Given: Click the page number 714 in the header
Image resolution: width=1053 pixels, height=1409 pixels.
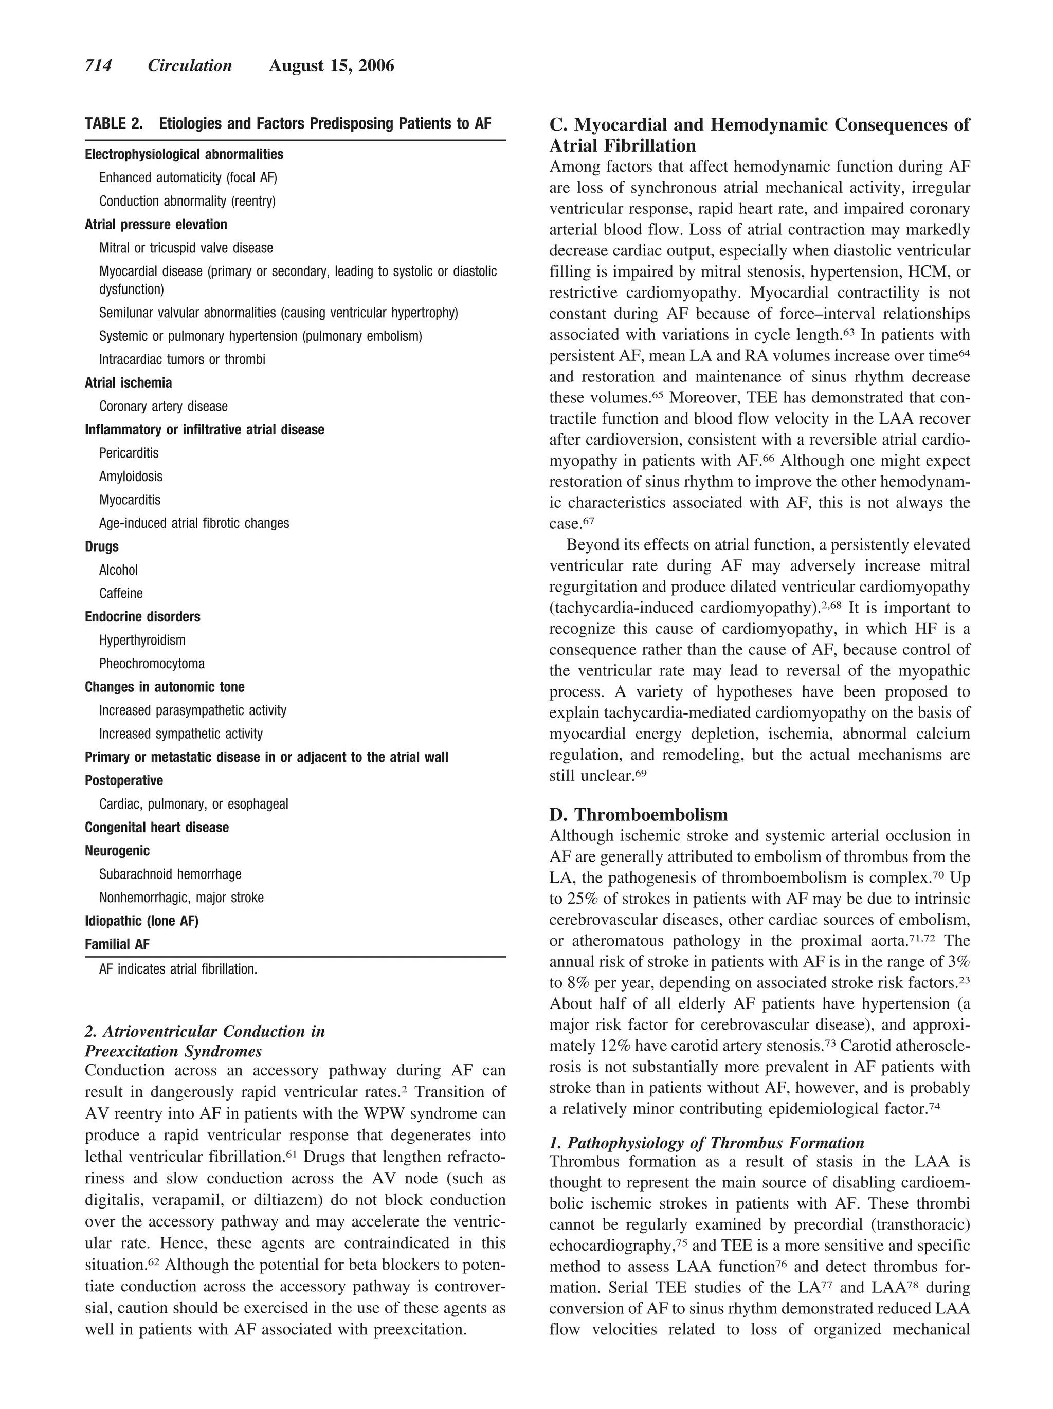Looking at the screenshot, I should pyautogui.click(x=98, y=66).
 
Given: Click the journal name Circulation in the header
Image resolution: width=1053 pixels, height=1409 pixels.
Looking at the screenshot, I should pyautogui.click(x=190, y=66).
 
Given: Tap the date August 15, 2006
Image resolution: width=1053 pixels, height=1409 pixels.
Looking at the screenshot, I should pyautogui.click(x=331, y=66).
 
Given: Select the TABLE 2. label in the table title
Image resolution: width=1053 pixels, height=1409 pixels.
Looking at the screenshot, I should pyautogui.click(x=114, y=123).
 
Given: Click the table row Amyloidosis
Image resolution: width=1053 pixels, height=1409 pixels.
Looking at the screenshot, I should pyautogui.click(x=131, y=477).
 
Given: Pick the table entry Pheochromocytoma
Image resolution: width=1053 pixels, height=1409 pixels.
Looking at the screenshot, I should pyautogui.click(x=152, y=664).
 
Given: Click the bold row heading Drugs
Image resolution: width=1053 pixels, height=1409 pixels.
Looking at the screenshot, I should pyautogui.click(x=101, y=546).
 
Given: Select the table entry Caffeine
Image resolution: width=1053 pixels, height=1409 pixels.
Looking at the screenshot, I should pyautogui.click(x=121, y=594).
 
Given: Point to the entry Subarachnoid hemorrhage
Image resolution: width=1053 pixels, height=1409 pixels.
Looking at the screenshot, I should pyautogui.click(x=170, y=874).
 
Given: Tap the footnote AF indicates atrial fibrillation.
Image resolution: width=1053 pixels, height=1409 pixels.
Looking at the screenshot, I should pyautogui.click(x=178, y=969).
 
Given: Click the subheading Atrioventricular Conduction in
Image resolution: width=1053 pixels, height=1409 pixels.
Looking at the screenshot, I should pyautogui.click(x=205, y=1031).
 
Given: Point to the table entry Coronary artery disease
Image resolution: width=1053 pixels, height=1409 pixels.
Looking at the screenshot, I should pyautogui.click(x=163, y=407).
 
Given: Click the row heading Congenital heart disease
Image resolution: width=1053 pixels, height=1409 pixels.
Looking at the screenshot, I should pyautogui.click(x=157, y=828).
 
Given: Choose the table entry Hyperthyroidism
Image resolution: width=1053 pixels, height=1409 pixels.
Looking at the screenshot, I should pyautogui.click(x=142, y=640).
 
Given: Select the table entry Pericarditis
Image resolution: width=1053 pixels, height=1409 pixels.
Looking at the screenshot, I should pyautogui.click(x=129, y=453).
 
